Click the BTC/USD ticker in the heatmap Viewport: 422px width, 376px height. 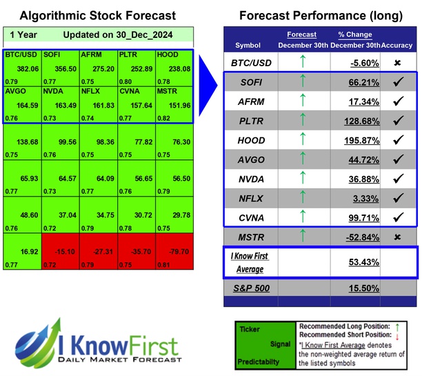pos(21,54)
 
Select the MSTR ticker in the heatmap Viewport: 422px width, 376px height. pos(168,90)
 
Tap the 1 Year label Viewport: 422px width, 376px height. pos(23,34)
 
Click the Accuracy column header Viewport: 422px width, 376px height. pos(398,45)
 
